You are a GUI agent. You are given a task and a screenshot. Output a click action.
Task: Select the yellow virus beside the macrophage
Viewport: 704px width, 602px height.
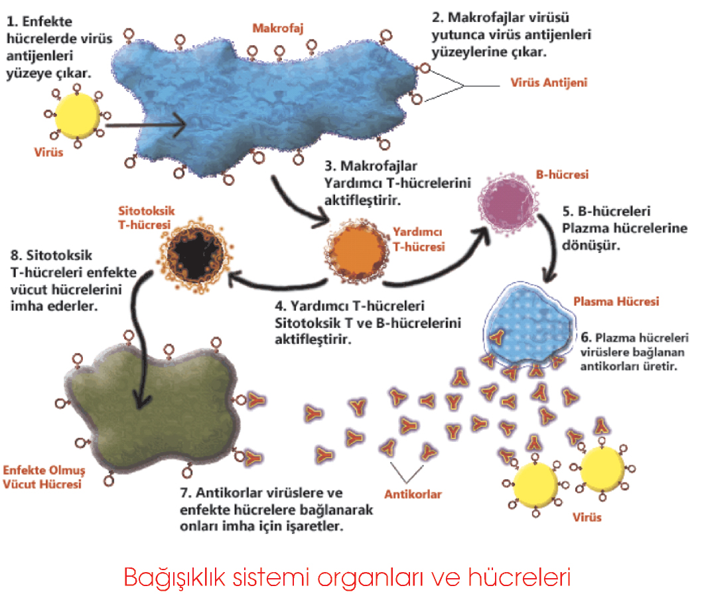[x=78, y=113]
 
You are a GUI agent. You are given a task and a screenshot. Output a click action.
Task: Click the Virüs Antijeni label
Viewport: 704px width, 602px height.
[x=549, y=83]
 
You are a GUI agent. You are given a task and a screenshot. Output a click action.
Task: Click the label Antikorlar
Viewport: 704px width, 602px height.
[x=413, y=494]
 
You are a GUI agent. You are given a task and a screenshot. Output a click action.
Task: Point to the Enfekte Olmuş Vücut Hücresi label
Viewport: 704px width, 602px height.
[x=42, y=477]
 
